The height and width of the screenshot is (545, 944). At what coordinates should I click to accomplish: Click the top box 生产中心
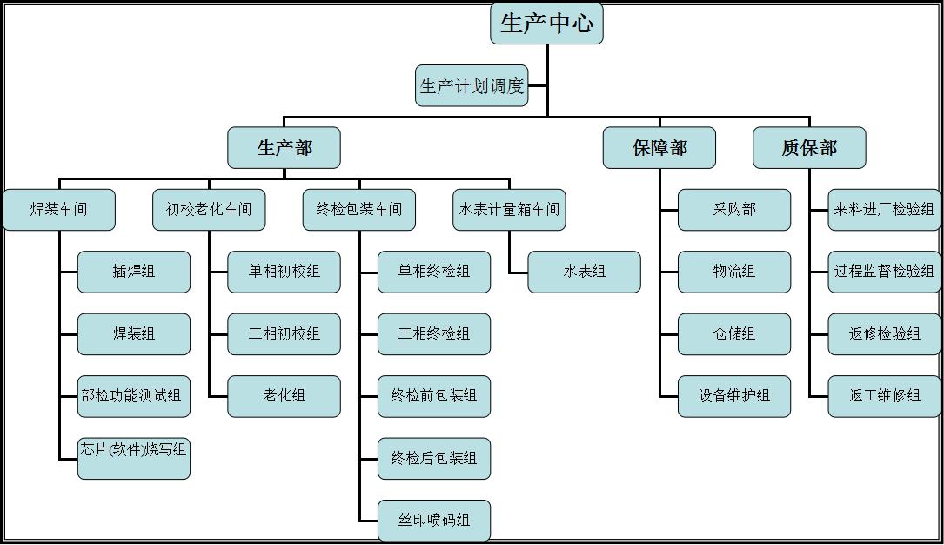click(546, 24)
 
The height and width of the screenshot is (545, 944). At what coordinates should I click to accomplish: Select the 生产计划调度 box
click(472, 86)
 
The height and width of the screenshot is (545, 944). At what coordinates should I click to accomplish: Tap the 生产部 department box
click(284, 148)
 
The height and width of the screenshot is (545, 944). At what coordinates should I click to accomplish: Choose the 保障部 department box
click(659, 148)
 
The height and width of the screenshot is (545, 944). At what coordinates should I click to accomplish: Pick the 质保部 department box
click(809, 148)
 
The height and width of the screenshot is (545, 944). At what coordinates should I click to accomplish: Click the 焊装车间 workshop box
click(59, 210)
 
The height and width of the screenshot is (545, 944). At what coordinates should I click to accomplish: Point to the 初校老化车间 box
click(209, 210)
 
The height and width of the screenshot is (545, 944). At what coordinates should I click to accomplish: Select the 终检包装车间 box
click(359, 210)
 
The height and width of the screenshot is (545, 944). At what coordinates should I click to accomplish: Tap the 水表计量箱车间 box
click(509, 210)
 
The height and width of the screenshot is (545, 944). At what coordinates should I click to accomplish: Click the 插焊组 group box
click(134, 272)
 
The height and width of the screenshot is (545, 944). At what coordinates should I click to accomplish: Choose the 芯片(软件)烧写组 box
click(134, 459)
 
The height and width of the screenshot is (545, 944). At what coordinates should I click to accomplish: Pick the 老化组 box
click(284, 396)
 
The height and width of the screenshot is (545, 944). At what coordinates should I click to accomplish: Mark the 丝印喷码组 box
click(434, 521)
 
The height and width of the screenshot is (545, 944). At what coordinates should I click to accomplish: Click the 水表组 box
click(584, 272)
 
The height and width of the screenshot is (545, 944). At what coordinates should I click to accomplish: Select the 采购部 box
click(734, 210)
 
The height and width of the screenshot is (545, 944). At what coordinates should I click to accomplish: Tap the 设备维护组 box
click(734, 396)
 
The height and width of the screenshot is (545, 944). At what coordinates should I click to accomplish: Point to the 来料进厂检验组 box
click(884, 210)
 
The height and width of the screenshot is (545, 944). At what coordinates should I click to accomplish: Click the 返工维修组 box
click(884, 396)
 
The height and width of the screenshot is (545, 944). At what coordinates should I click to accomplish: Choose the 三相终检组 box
click(434, 334)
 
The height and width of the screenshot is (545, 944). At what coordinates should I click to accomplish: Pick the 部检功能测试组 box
click(134, 396)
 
